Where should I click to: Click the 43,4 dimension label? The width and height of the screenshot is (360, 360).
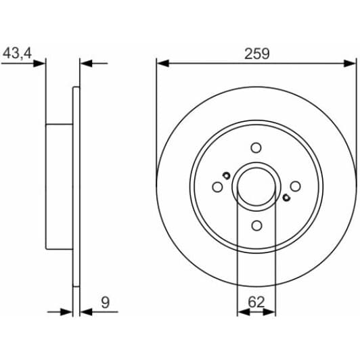click(17, 53)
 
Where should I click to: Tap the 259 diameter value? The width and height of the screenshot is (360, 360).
click(256, 54)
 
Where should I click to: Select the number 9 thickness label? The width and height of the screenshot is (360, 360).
click(106, 302)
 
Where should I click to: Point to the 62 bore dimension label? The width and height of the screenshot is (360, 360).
click(256, 302)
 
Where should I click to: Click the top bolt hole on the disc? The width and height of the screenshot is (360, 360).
click(256, 148)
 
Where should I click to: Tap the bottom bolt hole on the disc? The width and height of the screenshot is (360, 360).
click(256, 225)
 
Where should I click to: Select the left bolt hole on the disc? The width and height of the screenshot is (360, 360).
click(217, 187)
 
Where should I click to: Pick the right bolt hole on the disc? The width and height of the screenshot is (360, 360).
click(295, 186)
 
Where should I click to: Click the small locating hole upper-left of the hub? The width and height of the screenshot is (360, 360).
click(227, 176)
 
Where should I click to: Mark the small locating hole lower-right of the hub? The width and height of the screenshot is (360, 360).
click(286, 198)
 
